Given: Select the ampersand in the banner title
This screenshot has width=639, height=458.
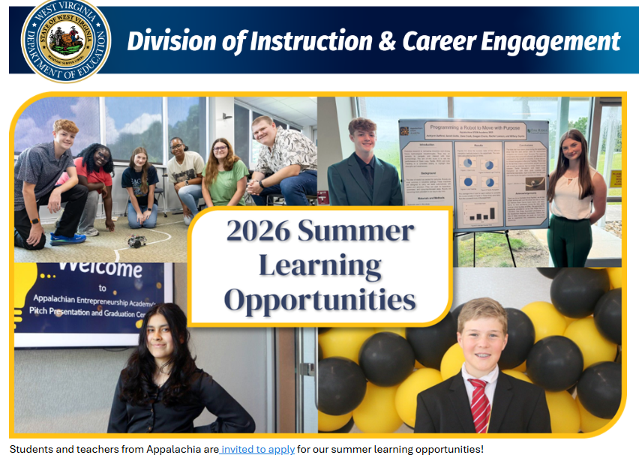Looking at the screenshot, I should click(x=387, y=41).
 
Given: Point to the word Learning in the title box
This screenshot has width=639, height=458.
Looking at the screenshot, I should click(x=320, y=265).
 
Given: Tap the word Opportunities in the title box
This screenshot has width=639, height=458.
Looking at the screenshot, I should click(x=320, y=301).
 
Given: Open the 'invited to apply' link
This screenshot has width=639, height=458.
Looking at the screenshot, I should click(x=257, y=449).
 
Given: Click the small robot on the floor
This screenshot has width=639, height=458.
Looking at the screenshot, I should click(x=136, y=241).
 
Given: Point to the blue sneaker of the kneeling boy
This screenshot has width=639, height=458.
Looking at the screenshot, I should click(x=68, y=239).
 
